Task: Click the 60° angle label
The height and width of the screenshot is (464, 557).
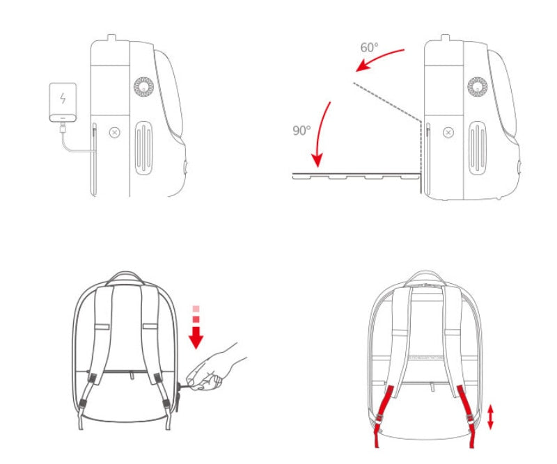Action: pyautogui.click(x=369, y=48)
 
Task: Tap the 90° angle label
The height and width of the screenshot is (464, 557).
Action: pyautogui.click(x=301, y=130)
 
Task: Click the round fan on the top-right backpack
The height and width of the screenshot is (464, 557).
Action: pyautogui.click(x=478, y=87)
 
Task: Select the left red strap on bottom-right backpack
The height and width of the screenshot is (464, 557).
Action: pyautogui.click(x=379, y=417)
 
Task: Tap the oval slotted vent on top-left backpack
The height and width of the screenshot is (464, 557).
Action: pyautogui.click(x=145, y=145)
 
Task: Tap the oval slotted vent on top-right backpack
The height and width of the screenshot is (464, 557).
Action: pyautogui.click(x=478, y=145)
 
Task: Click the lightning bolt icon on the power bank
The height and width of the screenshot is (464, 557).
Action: pyautogui.click(x=64, y=98)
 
